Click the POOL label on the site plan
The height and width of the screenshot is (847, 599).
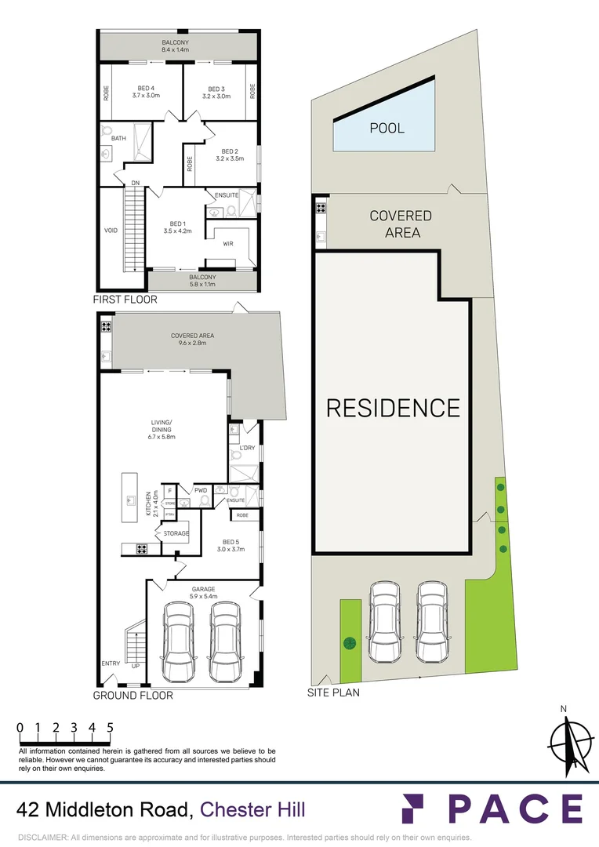(x=387, y=127)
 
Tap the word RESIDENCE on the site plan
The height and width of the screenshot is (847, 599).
(x=393, y=408)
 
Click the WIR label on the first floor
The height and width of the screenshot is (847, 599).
(x=228, y=244)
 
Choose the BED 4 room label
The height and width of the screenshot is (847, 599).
(x=145, y=92)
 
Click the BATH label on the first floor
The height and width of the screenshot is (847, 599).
(x=118, y=138)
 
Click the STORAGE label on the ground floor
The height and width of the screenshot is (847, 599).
(x=176, y=533)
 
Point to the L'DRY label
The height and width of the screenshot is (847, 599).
(x=247, y=448)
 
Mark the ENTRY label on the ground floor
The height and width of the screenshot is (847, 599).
(x=111, y=663)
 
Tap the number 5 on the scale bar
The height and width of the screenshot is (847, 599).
(x=111, y=727)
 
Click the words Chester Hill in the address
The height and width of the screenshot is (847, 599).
(x=253, y=809)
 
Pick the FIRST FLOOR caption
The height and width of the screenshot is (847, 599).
(x=125, y=300)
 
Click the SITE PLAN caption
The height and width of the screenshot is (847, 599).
(x=333, y=693)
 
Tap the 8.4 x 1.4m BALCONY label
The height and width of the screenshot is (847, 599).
(x=176, y=45)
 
